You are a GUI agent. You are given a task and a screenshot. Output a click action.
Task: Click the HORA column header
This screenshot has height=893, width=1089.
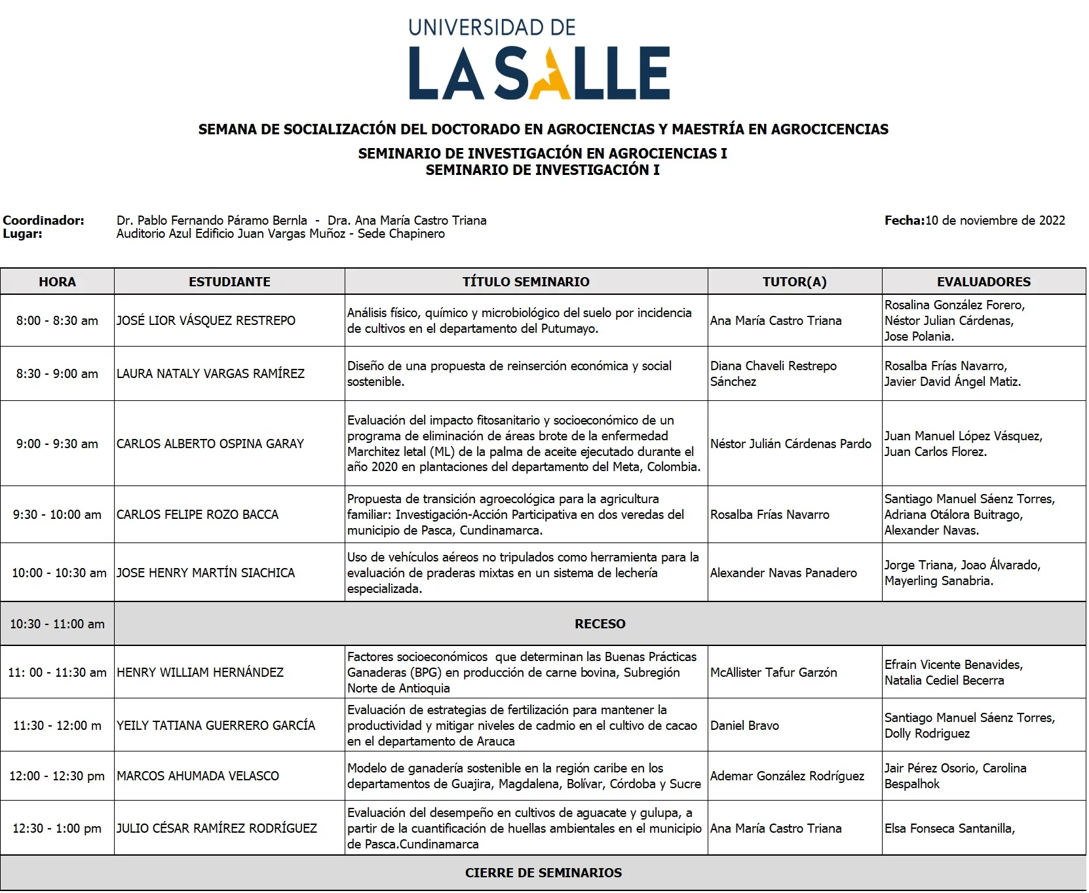[57, 282]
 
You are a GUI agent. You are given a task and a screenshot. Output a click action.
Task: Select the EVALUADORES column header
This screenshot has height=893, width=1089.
[984, 282]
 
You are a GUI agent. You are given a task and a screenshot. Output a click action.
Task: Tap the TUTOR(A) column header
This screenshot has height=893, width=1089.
[794, 282]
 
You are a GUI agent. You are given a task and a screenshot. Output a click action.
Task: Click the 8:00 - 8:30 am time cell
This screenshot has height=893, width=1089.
[57, 321]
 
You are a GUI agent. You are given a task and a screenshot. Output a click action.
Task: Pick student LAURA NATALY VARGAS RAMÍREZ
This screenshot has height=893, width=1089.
[210, 374]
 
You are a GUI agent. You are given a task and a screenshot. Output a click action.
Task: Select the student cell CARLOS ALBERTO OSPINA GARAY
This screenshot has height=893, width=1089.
[210, 444]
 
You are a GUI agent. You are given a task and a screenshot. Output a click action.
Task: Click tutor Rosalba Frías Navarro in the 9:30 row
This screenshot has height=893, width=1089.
[770, 515]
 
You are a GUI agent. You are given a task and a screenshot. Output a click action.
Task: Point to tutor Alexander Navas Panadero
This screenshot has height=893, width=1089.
[784, 573]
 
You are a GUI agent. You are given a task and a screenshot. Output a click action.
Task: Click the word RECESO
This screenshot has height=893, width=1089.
[600, 624]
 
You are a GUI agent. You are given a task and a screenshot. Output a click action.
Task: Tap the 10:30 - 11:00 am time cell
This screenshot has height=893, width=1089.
[57, 624]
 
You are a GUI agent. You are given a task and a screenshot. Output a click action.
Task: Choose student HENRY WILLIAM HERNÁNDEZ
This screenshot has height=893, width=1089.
[200, 673]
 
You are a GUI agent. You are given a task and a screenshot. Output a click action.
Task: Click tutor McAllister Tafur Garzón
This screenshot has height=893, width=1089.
[774, 673]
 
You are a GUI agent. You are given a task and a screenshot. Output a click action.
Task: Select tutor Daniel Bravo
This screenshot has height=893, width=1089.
[744, 726]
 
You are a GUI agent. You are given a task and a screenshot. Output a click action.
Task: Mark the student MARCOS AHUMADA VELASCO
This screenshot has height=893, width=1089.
[198, 776]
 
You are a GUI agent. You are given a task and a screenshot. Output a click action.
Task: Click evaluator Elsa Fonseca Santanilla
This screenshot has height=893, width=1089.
[949, 829]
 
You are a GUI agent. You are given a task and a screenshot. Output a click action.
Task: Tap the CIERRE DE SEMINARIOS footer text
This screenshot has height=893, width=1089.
[543, 873]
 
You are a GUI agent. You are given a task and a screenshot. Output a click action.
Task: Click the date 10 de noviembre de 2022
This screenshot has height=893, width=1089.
[995, 221]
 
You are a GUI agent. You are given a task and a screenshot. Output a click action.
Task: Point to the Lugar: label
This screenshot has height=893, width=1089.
[23, 234]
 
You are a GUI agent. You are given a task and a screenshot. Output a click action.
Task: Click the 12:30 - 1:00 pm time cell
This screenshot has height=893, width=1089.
[57, 829]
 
